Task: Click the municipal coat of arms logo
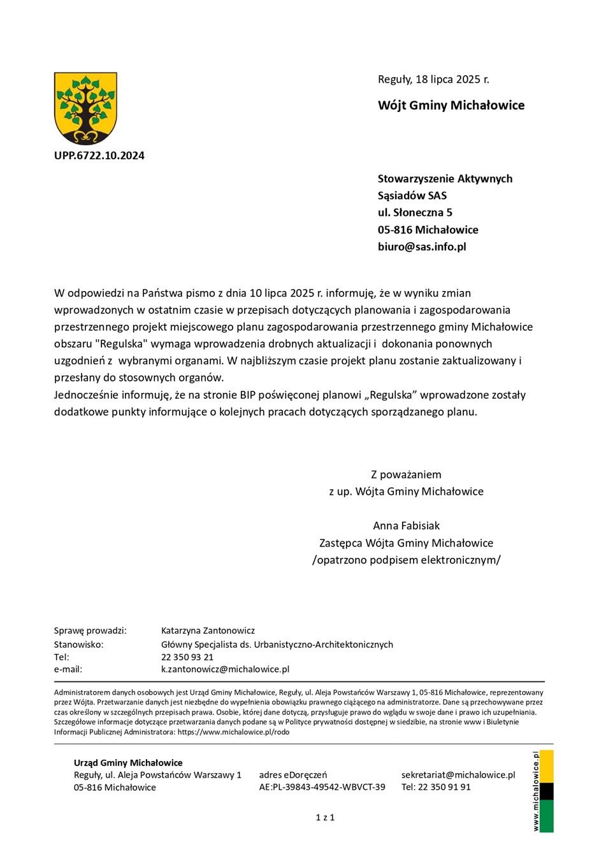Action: (x=85, y=108)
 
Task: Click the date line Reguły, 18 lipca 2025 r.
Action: (x=433, y=80)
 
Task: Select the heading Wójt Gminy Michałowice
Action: (x=451, y=106)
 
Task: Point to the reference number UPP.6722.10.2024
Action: (x=99, y=155)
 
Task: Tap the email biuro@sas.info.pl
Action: (x=422, y=246)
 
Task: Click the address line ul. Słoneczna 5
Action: (x=415, y=213)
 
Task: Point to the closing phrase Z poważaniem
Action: (x=406, y=474)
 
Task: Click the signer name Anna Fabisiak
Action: (x=406, y=526)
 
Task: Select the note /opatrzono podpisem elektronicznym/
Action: (x=406, y=560)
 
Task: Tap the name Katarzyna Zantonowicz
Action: (x=208, y=630)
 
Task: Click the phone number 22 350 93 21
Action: (x=187, y=657)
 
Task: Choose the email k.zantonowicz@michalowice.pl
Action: (x=225, y=669)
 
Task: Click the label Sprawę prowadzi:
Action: (x=90, y=630)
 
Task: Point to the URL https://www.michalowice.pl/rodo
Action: (x=233, y=732)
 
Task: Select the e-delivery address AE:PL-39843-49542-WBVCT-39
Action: (x=322, y=787)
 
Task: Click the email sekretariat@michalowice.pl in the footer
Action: (x=458, y=775)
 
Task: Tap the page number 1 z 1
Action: (x=325, y=817)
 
